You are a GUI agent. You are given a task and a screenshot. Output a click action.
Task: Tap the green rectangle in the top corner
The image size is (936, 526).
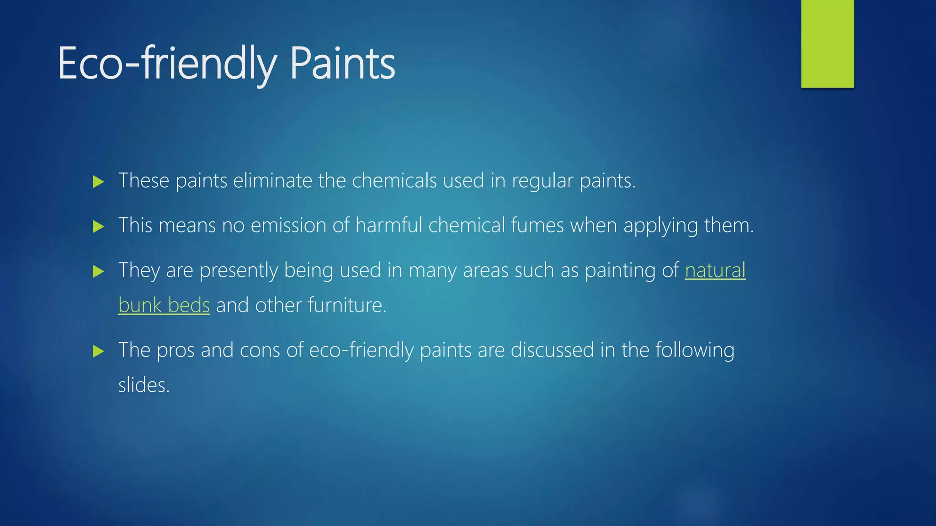827,43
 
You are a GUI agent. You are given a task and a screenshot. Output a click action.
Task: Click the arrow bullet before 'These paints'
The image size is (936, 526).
98,182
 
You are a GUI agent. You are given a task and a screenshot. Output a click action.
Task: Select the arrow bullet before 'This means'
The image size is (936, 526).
98,226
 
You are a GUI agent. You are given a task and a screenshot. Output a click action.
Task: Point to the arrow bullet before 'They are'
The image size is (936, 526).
98,272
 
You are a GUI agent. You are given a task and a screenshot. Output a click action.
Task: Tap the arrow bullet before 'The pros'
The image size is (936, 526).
98,351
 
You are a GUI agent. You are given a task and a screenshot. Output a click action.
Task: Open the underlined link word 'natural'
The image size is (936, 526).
715,270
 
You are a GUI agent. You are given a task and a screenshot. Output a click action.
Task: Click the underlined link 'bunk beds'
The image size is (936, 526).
164,305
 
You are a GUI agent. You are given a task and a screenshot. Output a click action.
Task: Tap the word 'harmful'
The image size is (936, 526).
389,226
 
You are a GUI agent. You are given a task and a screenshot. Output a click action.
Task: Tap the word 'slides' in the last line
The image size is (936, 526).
142,385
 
